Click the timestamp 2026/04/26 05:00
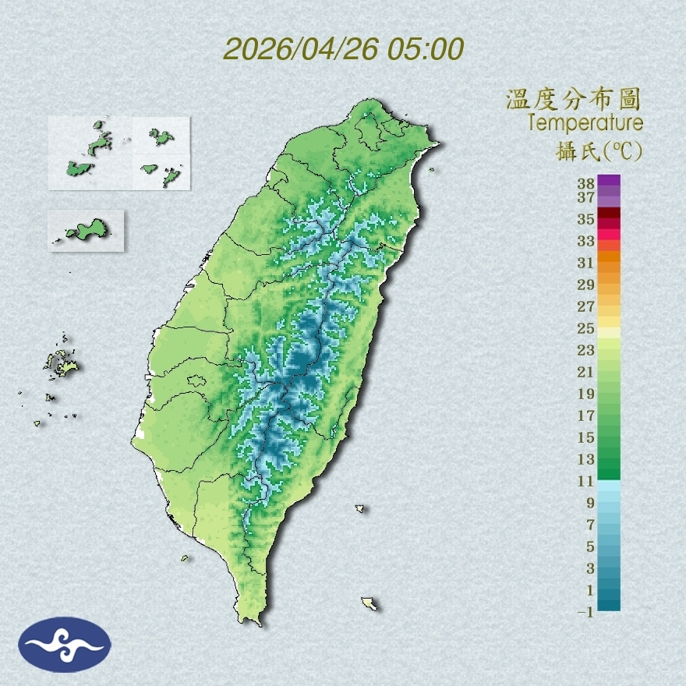coord(344,49)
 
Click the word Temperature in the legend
coord(585,122)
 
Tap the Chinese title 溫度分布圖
coord(573,99)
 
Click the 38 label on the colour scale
coord(586,184)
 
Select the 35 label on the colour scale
coord(586,218)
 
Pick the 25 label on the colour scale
coord(586,327)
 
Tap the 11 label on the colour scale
coord(586,481)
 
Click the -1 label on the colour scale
coord(585,612)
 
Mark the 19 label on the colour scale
coord(586,393)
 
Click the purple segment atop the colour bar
coord(610,181)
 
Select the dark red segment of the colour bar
coord(610,214)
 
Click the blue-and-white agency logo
coord(65,645)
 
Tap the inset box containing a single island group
coord(86,231)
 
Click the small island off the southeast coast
coord(370,603)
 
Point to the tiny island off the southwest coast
coord(185,557)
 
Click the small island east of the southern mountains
coord(360,508)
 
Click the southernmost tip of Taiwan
coord(251,621)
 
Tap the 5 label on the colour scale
coord(590,546)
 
